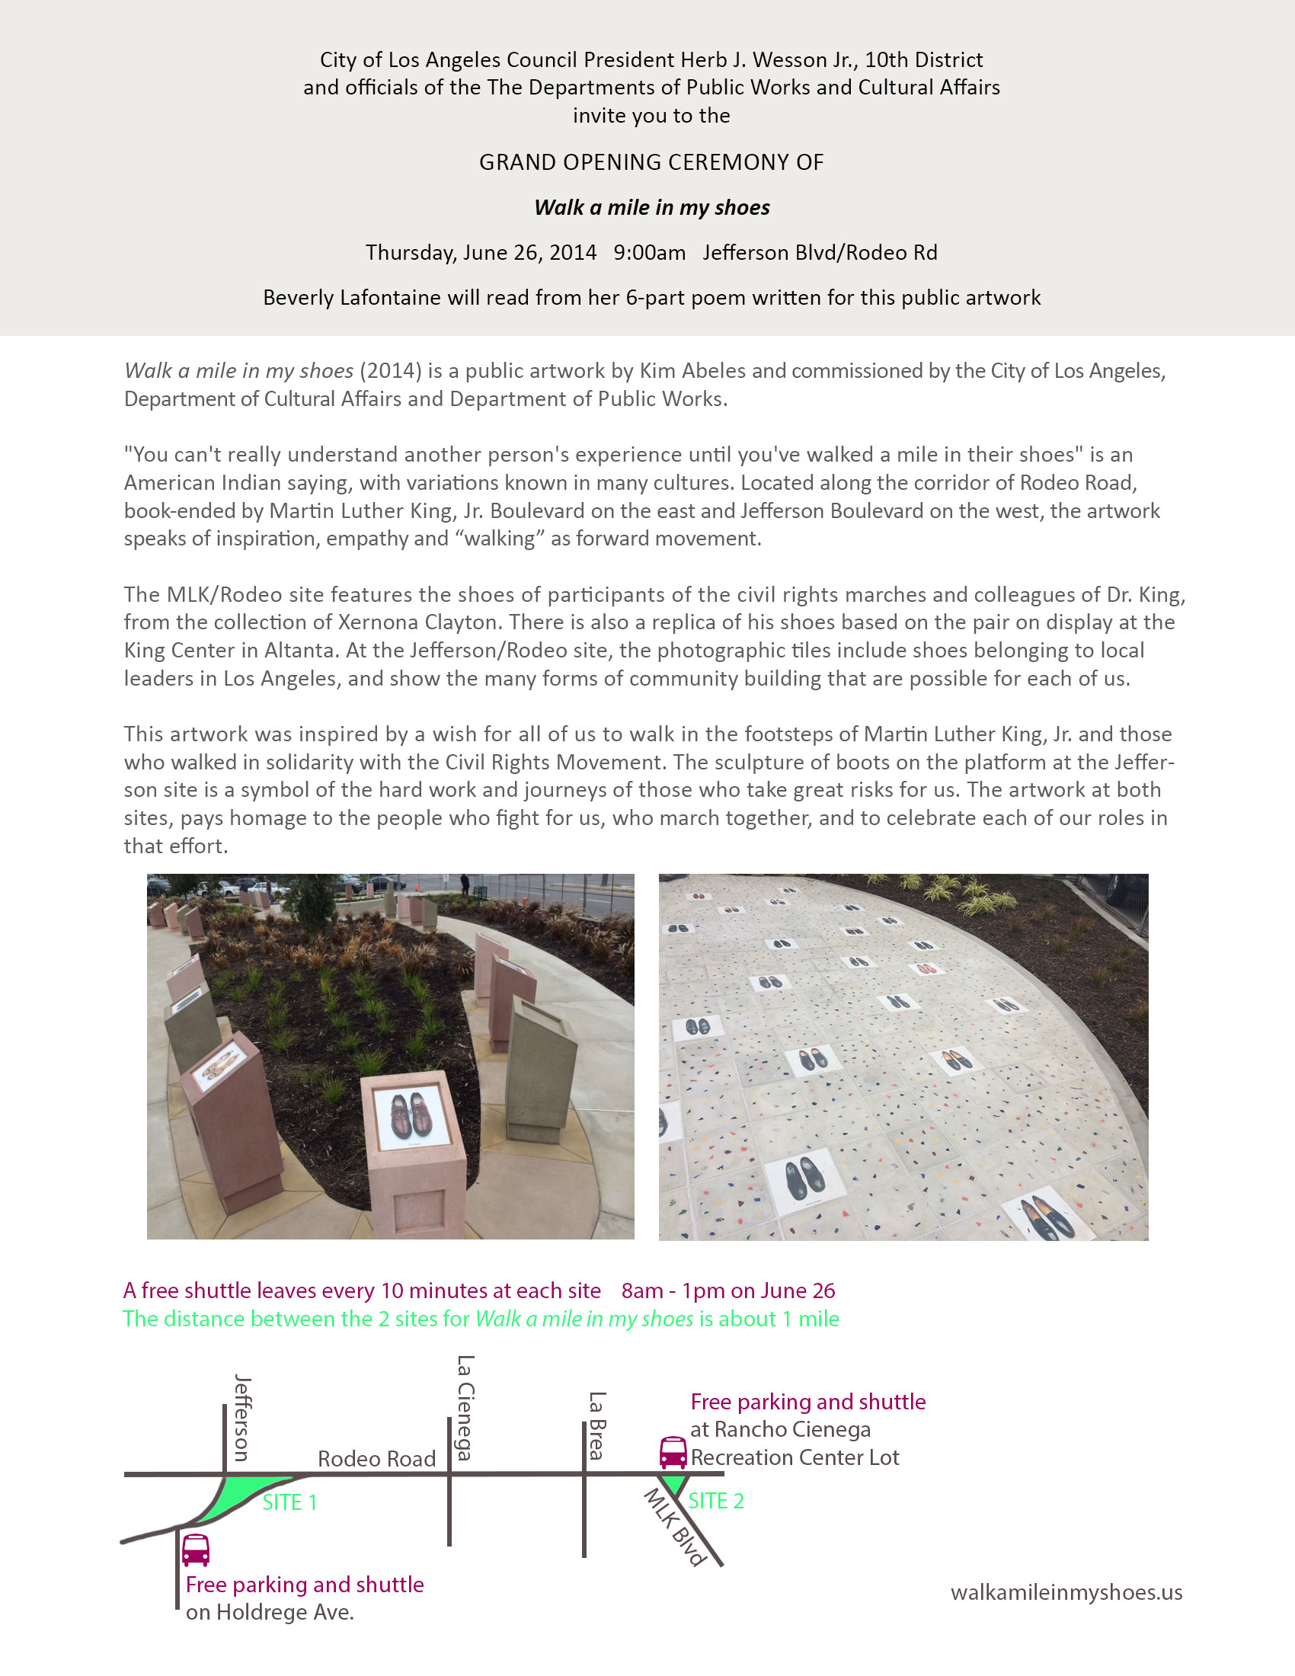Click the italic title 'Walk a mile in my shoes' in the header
[651, 207]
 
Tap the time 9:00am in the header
[649, 252]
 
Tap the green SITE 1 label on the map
[289, 1502]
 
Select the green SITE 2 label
[716, 1500]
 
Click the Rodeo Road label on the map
[376, 1458]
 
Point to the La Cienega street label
[465, 1407]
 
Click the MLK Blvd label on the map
[674, 1527]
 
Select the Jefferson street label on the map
[241, 1418]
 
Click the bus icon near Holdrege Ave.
[196, 1550]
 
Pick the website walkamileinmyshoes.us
[1066, 1592]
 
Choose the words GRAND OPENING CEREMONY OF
[651, 163]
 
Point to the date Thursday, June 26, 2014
[481, 252]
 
